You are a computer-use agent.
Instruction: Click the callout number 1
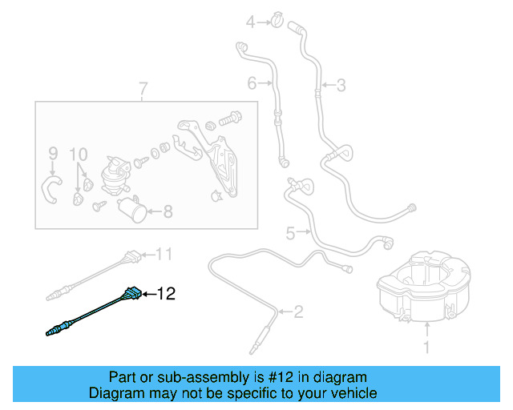click(x=426, y=348)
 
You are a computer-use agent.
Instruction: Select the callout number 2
click(x=297, y=311)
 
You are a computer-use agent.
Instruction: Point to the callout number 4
click(x=249, y=22)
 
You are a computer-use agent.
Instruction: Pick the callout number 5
click(x=290, y=233)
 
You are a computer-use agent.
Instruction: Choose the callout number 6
click(x=252, y=82)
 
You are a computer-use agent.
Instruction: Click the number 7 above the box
click(x=143, y=88)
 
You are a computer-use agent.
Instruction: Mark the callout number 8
click(x=168, y=212)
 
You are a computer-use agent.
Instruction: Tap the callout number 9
click(x=53, y=152)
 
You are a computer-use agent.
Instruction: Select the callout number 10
click(x=78, y=152)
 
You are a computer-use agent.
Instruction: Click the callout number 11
click(x=164, y=255)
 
